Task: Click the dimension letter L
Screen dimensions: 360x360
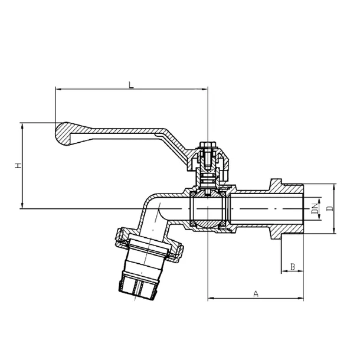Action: (131, 85)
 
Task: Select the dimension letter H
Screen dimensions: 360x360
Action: (18, 165)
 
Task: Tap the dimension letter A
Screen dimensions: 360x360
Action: (256, 294)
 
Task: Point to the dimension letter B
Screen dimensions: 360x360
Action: (293, 267)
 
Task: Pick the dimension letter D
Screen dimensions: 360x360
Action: (330, 208)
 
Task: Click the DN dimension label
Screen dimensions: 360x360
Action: (316, 209)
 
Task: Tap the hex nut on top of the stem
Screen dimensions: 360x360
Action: (208, 145)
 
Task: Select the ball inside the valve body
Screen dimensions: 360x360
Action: (208, 208)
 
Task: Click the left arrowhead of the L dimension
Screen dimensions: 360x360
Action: (58, 89)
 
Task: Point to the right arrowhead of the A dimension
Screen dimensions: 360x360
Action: (301, 298)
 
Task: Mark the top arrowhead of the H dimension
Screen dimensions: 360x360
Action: (22, 125)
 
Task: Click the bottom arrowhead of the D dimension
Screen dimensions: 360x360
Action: (334, 231)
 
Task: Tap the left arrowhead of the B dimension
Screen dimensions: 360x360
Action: (284, 271)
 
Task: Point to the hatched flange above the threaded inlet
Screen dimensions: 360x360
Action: (276, 185)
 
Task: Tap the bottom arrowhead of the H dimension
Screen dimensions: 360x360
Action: (22, 205)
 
